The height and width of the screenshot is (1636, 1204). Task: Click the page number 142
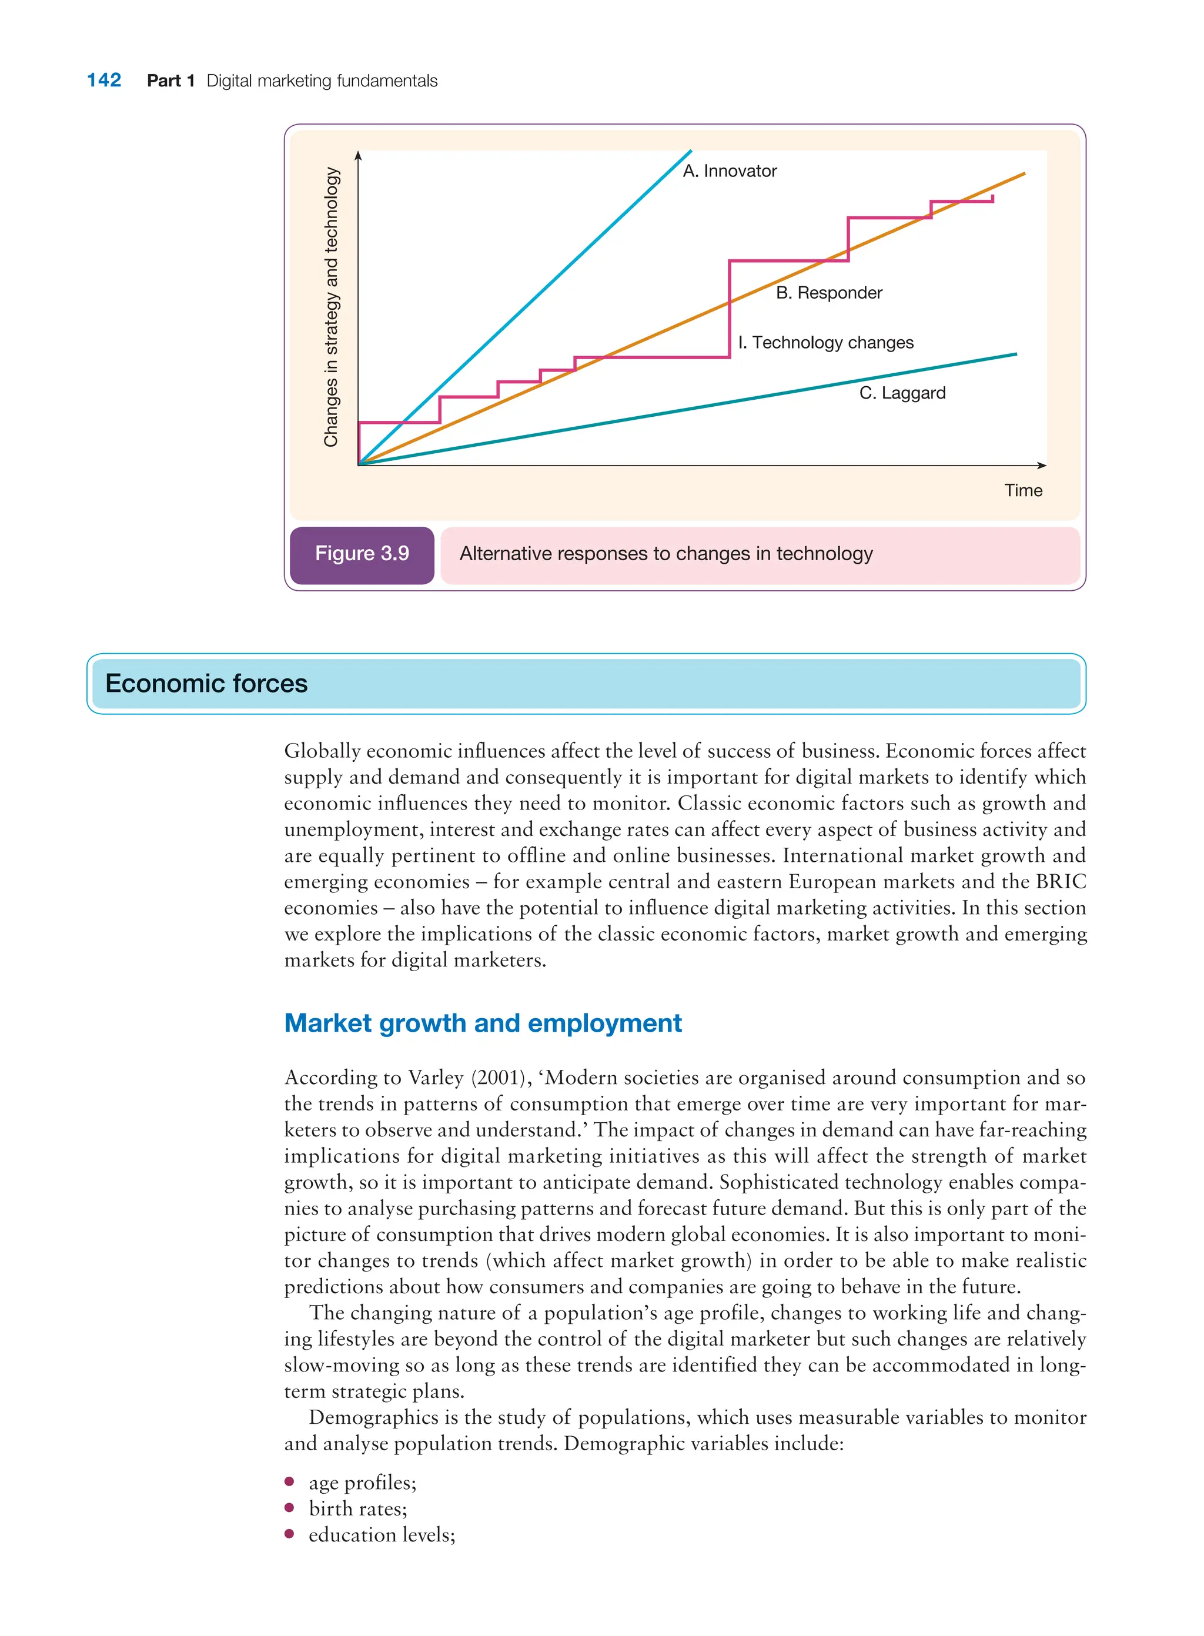(104, 80)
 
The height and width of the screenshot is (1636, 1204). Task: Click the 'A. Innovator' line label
(730, 171)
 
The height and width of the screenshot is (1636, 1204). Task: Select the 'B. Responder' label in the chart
(829, 293)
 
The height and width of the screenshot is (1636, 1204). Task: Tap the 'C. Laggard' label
(902, 393)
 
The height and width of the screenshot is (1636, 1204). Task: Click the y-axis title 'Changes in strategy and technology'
(331, 307)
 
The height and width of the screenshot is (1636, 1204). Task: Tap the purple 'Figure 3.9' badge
(362, 554)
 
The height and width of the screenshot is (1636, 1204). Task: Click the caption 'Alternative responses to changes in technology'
(665, 554)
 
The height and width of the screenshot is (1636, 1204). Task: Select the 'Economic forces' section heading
(206, 684)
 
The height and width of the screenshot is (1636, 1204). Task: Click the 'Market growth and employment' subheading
(483, 1023)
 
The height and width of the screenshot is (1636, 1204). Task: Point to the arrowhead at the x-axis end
(1042, 465)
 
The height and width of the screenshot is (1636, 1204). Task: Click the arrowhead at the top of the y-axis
(358, 155)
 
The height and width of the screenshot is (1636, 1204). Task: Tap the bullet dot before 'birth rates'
(289, 1508)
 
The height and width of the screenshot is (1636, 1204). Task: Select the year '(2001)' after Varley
(501, 1078)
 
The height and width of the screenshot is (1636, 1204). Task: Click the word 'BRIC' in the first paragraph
(1061, 882)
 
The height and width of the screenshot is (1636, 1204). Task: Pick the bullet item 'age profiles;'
(362, 1482)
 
